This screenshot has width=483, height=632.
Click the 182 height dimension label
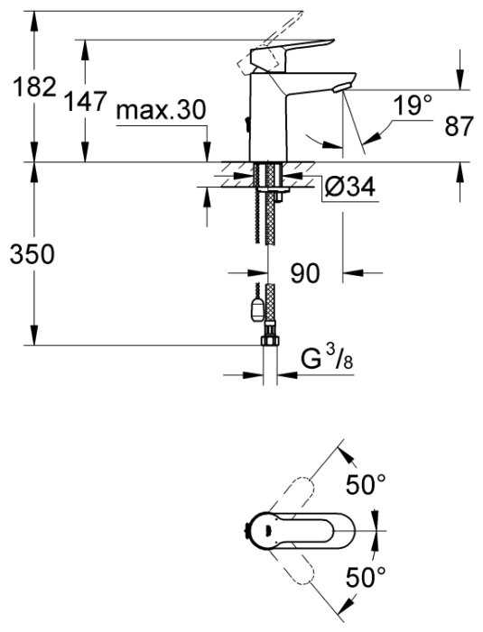click(x=34, y=87)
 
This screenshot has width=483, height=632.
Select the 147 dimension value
click(x=86, y=101)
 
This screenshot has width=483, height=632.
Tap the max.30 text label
click(x=161, y=110)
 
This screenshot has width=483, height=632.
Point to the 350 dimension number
click(x=32, y=255)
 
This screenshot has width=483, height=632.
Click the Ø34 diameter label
click(x=350, y=187)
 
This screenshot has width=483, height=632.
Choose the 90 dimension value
click(x=305, y=273)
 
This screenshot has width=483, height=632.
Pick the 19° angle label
click(x=413, y=105)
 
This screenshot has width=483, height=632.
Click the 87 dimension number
click(x=458, y=126)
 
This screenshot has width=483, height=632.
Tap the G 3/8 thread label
click(x=327, y=360)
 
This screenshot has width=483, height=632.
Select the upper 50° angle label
click(x=366, y=484)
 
